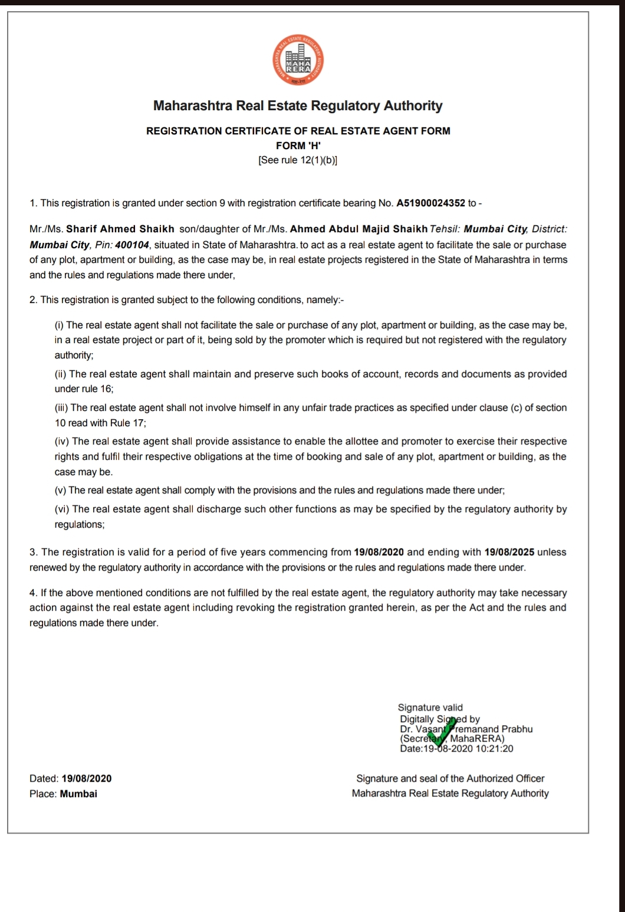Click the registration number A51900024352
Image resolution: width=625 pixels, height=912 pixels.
coord(430,203)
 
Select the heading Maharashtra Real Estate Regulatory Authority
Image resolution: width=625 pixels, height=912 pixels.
coord(298,106)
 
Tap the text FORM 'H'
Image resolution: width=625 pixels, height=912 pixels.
coord(298,146)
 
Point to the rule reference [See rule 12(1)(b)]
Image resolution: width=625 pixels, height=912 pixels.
coord(298,160)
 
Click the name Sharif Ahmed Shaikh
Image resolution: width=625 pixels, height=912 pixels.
coord(120,229)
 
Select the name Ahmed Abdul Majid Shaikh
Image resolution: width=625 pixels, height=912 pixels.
coord(358,229)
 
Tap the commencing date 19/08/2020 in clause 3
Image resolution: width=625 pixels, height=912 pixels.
coord(379,552)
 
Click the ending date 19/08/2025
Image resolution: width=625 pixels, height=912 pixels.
coord(509,552)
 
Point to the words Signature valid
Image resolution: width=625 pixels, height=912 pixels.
coord(430,707)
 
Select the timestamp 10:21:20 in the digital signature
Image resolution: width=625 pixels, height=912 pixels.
coord(494,749)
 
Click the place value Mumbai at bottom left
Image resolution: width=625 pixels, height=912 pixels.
coord(78,794)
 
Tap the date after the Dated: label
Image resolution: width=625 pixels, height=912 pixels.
coord(86,779)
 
